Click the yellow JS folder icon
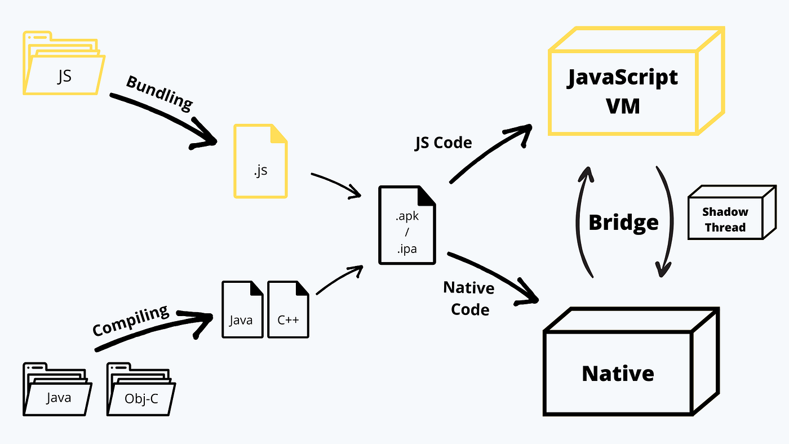click(x=63, y=65)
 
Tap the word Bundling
click(x=159, y=92)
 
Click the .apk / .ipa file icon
click(x=407, y=225)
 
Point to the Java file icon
click(x=242, y=310)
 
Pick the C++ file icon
click(x=288, y=310)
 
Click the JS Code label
click(x=443, y=143)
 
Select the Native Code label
click(x=469, y=299)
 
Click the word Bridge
click(x=623, y=223)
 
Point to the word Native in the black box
click(x=618, y=374)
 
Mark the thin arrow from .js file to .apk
click(x=336, y=185)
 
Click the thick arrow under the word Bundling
click(x=163, y=121)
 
